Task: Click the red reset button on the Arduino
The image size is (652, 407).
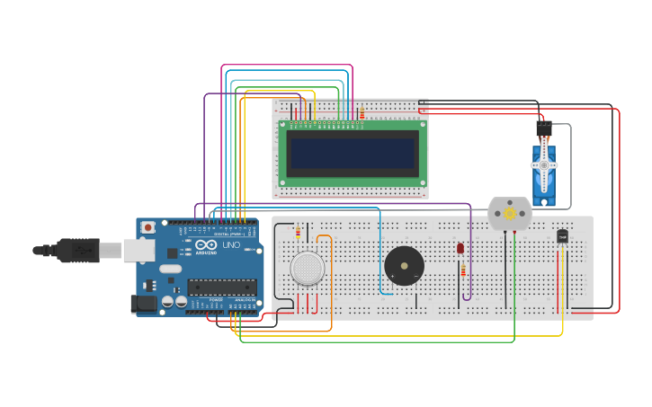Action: click(147, 228)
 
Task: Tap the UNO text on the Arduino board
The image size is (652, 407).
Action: click(230, 245)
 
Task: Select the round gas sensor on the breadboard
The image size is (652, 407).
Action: click(307, 269)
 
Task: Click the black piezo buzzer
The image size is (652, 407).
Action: click(404, 266)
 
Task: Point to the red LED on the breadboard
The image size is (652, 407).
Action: click(460, 248)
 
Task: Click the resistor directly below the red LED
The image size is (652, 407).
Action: click(463, 270)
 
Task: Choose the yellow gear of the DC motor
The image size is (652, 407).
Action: click(510, 214)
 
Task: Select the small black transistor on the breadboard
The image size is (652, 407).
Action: click(562, 236)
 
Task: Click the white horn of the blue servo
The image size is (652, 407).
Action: click(543, 166)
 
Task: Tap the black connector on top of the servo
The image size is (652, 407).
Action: click(543, 129)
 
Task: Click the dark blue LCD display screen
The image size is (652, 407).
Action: click(353, 154)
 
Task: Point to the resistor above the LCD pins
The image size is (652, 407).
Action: click(362, 113)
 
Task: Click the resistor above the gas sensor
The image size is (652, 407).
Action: click(298, 233)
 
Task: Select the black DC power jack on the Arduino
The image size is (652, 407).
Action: click(143, 304)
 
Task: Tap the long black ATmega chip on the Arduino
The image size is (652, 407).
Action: click(221, 288)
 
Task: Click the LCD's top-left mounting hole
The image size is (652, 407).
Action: click(283, 125)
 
